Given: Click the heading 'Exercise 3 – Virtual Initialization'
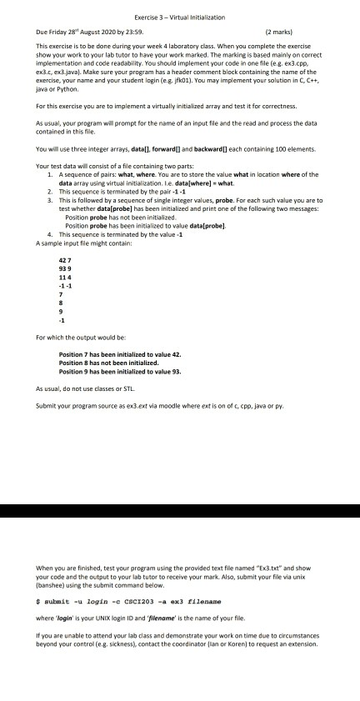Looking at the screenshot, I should pos(179,6).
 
